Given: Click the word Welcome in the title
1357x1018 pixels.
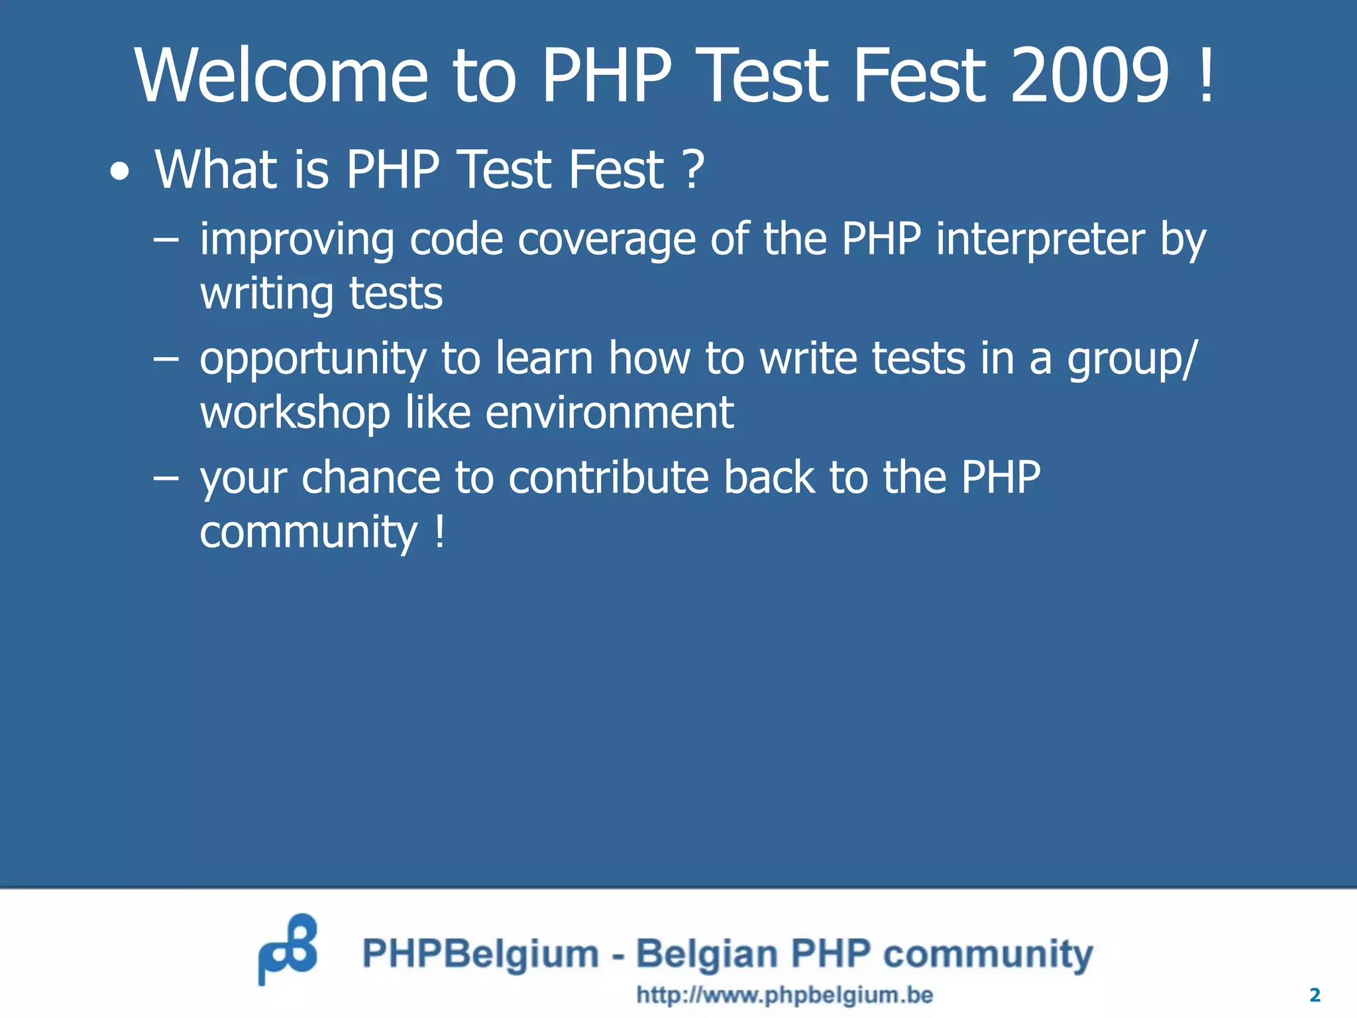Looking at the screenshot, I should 282,76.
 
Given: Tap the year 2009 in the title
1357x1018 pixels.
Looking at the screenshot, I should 1089,76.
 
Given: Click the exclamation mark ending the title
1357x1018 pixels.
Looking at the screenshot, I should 1207,76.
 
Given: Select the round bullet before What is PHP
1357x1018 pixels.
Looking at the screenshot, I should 120,173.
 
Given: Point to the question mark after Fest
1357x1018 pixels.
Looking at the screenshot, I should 692,170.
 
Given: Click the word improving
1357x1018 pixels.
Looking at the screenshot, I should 297,240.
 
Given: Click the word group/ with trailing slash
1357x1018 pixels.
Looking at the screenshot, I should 1132,360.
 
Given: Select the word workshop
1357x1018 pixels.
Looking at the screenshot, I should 295,413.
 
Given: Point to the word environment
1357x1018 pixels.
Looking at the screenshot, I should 609,413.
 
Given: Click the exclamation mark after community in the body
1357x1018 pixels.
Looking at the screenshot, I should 439,532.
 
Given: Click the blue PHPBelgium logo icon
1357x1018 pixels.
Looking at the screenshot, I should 288,949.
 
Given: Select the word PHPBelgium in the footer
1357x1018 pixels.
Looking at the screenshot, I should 480,954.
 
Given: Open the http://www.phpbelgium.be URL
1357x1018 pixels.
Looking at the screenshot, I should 785,995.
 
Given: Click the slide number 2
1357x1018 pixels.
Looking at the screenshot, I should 1315,995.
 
